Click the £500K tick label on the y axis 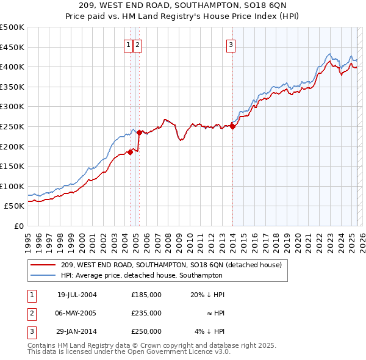coord(12,27)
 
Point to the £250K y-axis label coord(12,126)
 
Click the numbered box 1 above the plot coord(129,45)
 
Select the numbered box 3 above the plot coord(232,45)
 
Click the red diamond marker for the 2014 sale coord(233,127)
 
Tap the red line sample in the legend coord(44,265)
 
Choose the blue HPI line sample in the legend coord(44,275)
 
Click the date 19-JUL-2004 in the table coord(76,295)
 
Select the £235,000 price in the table coord(146,313)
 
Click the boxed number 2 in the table coord(31,313)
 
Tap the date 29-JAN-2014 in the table coord(76,331)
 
